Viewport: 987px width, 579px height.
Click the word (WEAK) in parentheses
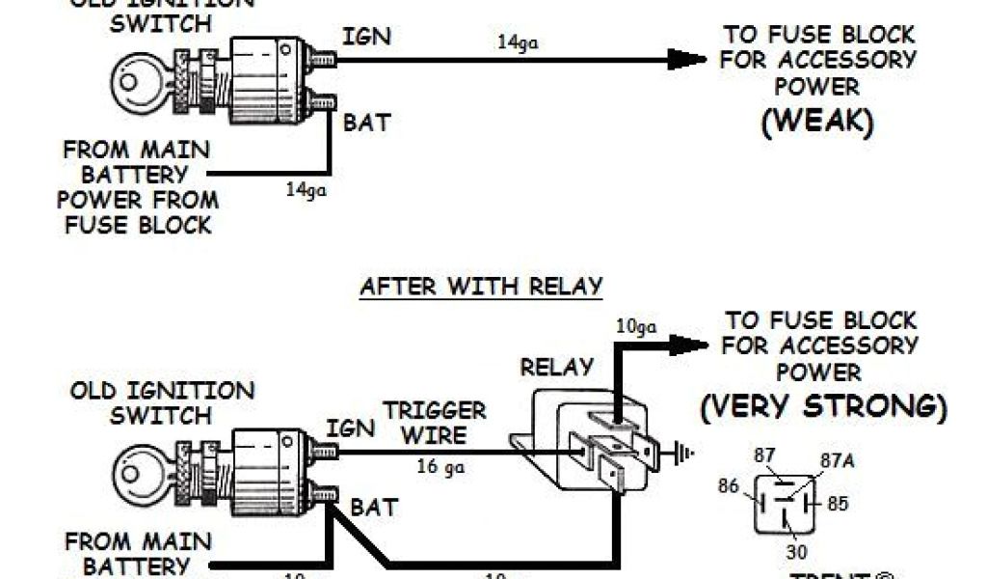click(x=817, y=123)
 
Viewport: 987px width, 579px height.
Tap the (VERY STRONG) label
click(x=823, y=406)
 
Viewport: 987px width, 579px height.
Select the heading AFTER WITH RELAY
click(x=481, y=287)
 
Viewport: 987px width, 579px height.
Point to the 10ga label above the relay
click(x=636, y=328)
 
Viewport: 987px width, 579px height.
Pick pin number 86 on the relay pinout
click(x=728, y=487)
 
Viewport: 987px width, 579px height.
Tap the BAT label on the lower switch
click(x=373, y=506)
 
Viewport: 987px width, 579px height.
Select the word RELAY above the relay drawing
click(x=556, y=368)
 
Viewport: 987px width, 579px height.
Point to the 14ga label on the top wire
click(x=517, y=42)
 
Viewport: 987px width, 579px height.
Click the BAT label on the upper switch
click(x=367, y=124)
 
